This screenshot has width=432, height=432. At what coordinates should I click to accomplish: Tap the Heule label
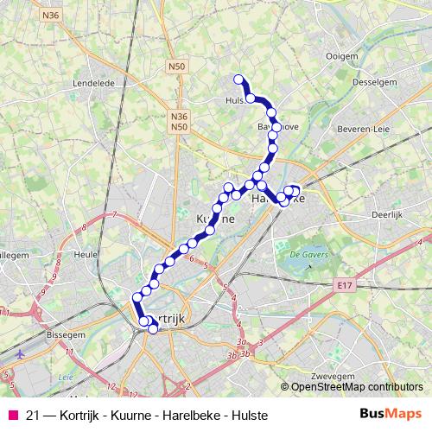click(86, 256)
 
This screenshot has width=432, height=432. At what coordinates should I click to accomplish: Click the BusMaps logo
click(391, 416)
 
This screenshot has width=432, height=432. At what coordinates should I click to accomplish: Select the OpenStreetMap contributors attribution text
click(357, 386)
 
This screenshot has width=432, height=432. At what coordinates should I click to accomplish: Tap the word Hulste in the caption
click(249, 416)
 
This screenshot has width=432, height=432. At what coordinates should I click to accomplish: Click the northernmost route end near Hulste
click(239, 80)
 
